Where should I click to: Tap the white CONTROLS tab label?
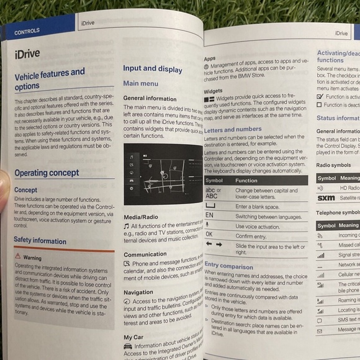point(27,30)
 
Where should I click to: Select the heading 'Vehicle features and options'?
point(49,79)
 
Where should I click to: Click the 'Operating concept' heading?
point(48,173)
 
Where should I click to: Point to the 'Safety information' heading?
point(40,240)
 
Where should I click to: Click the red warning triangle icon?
point(18,256)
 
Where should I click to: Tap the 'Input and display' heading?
point(153,69)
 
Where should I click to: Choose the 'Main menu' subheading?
point(140,83)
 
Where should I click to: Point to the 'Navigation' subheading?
point(138,292)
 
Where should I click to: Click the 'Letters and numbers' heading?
point(233,130)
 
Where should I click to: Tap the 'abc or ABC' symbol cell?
point(214,194)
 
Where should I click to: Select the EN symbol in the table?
point(209,215)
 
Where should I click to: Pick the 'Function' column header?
point(246,181)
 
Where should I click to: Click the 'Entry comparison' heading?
point(228,265)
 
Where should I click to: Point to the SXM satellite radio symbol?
point(325,198)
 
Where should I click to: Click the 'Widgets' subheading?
point(213,91)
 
